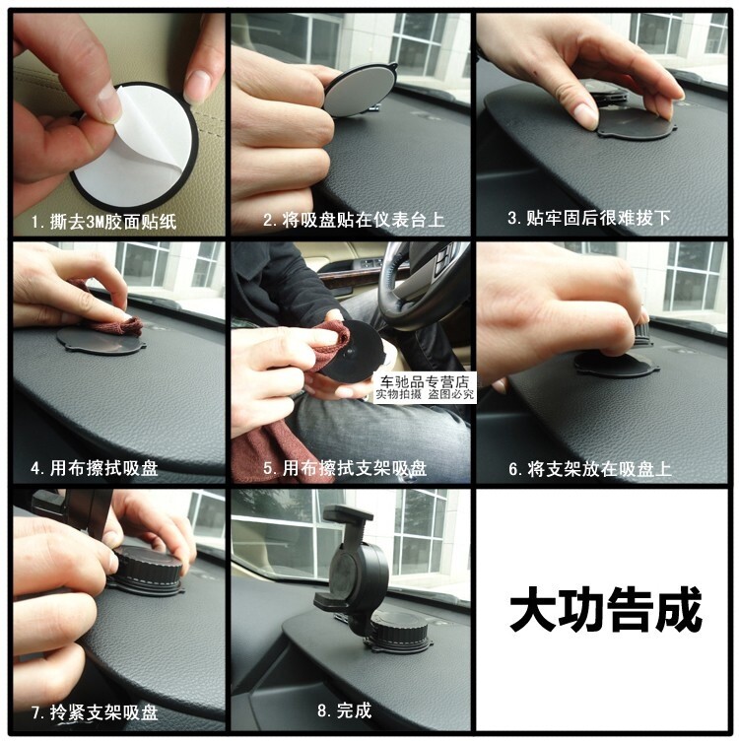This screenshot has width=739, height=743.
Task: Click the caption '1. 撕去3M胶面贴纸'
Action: point(103,222)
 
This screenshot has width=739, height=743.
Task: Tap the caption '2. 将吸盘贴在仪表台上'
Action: point(354,221)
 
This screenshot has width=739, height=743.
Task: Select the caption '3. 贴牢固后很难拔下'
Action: point(589,218)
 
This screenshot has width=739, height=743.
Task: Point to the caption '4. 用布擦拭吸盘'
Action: point(95,468)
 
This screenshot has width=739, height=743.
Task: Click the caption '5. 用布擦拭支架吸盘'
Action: point(345,469)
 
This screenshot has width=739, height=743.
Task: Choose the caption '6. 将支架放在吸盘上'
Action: point(590,469)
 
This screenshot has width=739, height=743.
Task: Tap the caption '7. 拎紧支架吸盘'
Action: point(95,712)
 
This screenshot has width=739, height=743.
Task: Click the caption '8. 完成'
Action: point(345,710)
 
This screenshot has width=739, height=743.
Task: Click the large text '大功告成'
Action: point(605,609)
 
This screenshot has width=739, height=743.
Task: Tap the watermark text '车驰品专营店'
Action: point(425,382)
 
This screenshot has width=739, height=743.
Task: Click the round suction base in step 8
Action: point(400,632)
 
